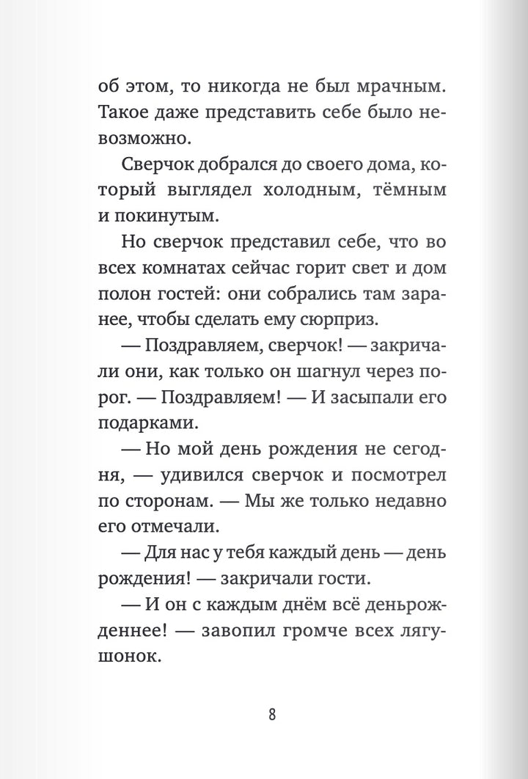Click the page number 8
(272, 714)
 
